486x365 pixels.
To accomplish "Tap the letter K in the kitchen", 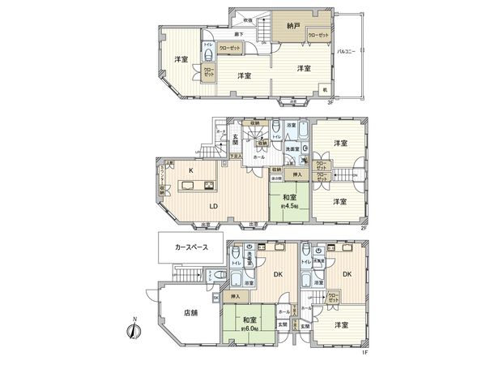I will pyautogui.click(x=191, y=171).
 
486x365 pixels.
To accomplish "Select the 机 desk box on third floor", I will pyautogui.click(x=324, y=89).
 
